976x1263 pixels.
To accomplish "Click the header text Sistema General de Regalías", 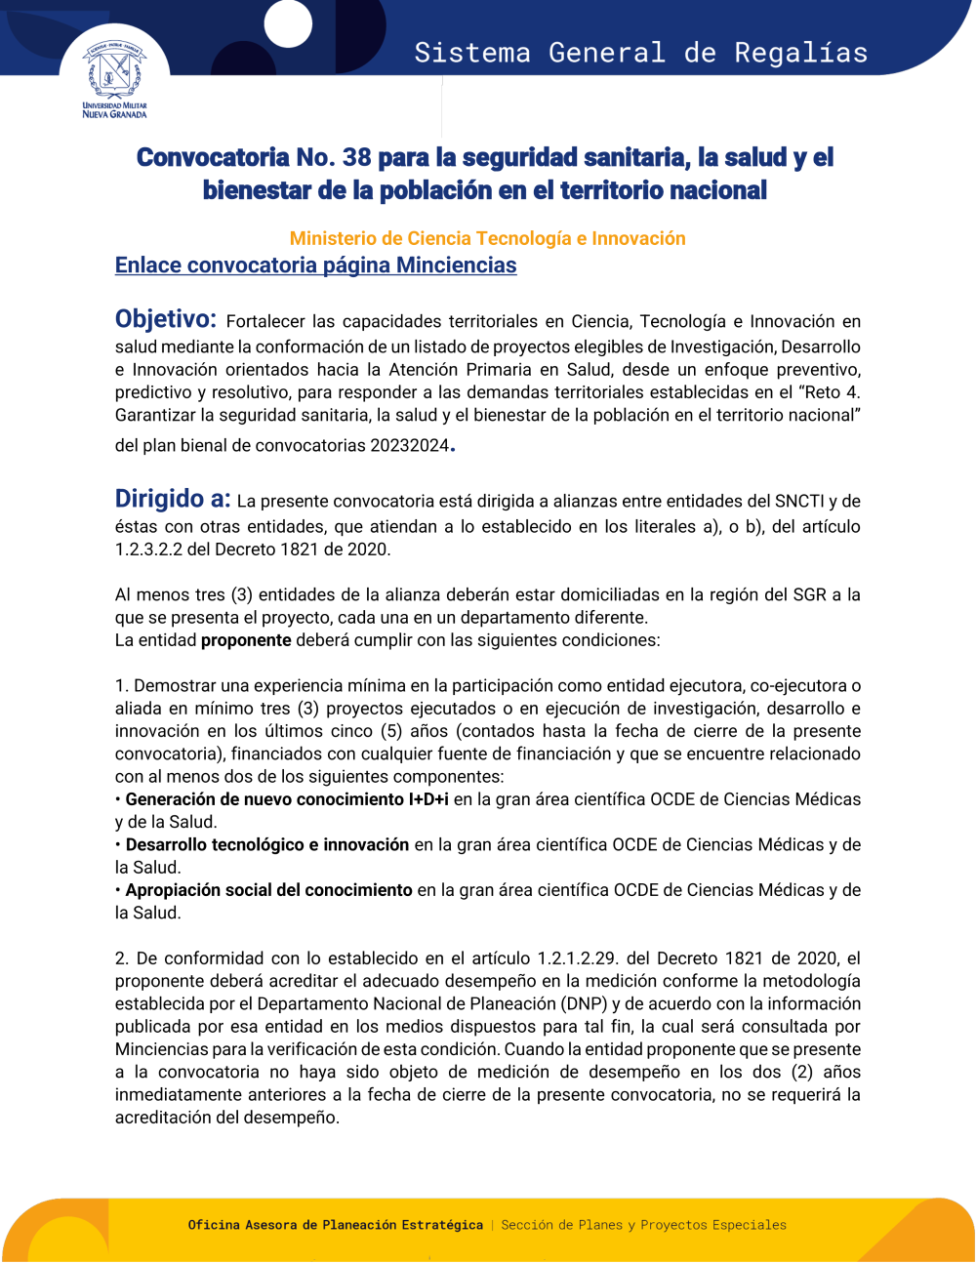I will tap(640, 53).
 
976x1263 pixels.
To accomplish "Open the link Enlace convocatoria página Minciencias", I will tap(315, 265).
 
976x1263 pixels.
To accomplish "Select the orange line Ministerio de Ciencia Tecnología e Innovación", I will tap(487, 238).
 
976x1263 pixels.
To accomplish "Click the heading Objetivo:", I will tap(165, 319).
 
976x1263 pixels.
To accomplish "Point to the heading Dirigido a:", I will tap(173, 499).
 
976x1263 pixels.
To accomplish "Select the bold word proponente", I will tap(246, 640).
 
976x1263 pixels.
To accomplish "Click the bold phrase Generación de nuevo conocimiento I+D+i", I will tap(287, 799).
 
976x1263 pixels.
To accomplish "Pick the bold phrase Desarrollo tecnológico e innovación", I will tap(267, 844).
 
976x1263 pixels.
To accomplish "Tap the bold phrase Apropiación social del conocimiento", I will tap(268, 890).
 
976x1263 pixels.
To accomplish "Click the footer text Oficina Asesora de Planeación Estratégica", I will tap(335, 1225).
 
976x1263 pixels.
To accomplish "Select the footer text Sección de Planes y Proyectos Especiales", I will tap(643, 1225).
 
